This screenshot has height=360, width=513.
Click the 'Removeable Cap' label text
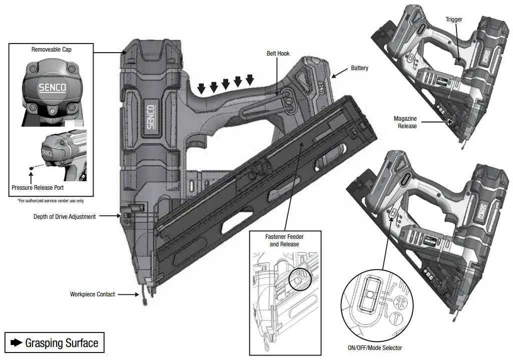click(51, 49)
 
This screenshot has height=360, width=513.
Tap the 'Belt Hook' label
click(278, 54)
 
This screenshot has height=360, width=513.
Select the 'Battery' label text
click(359, 68)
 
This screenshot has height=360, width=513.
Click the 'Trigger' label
click(454, 20)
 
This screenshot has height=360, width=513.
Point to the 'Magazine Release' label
click(405, 122)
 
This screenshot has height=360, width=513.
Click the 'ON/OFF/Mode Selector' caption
click(375, 347)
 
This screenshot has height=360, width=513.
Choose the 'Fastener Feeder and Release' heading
click(284, 240)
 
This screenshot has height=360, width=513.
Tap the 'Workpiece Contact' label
click(92, 294)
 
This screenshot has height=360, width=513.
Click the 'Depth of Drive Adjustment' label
click(65, 217)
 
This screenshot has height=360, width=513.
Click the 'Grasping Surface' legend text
click(62, 343)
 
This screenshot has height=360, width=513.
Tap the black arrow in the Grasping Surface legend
click(17, 343)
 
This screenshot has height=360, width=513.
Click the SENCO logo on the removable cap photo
click(53, 88)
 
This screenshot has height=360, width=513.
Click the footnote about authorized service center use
click(51, 200)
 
